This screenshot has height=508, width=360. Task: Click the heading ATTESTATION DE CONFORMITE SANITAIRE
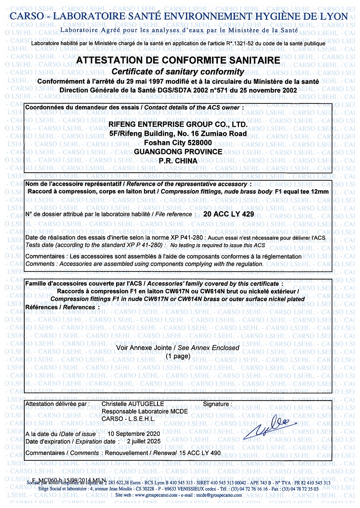178,60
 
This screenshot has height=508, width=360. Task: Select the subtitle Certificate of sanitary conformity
178,71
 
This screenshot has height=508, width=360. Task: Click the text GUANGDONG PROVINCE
178,152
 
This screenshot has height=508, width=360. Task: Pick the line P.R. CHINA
178,160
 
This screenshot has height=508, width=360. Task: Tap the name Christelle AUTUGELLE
133,404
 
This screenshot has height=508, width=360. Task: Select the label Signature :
218,404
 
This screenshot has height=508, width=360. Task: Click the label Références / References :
60,307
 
